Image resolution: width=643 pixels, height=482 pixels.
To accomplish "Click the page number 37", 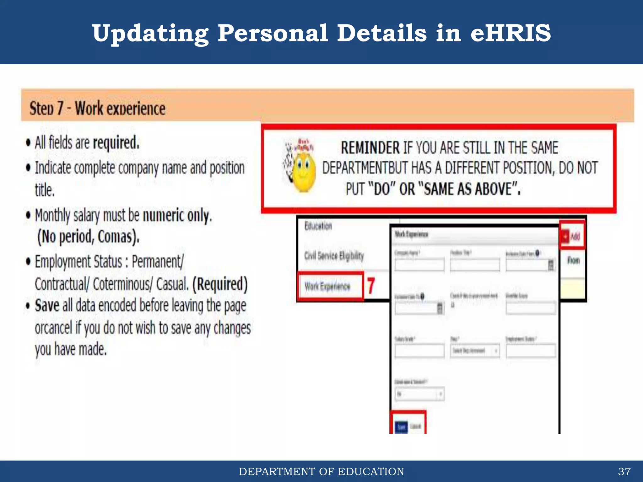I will tap(624, 471).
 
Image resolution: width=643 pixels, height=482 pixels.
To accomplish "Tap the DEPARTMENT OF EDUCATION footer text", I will tap(321, 471).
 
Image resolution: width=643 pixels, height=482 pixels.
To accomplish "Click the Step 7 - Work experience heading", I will tap(97, 109).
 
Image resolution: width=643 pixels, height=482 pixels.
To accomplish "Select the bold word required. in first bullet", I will tap(116, 143).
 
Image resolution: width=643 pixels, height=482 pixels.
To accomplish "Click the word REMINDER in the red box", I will tap(370, 148).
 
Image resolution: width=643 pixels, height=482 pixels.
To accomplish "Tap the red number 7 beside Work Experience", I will tap(371, 286).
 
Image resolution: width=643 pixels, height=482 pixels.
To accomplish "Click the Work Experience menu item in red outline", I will tap(327, 286).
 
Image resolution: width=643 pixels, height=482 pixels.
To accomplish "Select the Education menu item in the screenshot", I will tap(318, 226).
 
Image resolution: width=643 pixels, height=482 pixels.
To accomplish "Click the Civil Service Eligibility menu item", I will tap(334, 256).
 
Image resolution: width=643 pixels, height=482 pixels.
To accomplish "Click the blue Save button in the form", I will tap(401, 427).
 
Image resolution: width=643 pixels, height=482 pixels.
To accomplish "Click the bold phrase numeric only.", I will tap(177, 216).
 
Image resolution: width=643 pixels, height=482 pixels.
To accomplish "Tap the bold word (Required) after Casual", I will tap(220, 284).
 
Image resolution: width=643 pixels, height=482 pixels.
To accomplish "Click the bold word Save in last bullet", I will tap(47, 306).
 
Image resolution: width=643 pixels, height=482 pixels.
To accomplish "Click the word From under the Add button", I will tap(573, 260).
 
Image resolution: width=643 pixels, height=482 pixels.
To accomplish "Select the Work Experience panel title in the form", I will tap(411, 234).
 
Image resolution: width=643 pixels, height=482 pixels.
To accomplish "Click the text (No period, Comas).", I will tap(88, 237).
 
